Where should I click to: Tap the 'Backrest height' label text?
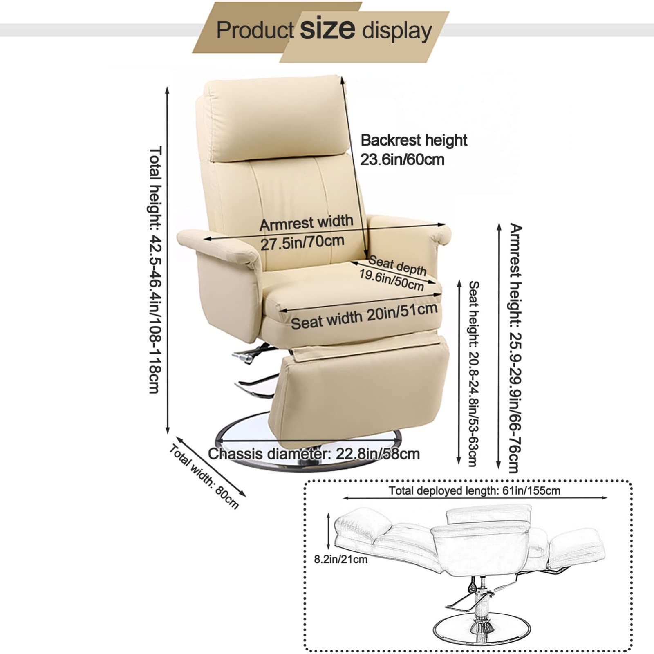(x=414, y=140)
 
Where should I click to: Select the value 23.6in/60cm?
(x=402, y=159)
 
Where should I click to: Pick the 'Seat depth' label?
(x=397, y=265)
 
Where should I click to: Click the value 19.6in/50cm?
(x=392, y=280)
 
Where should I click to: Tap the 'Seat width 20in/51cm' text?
(x=364, y=316)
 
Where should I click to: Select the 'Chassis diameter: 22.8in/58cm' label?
(x=314, y=454)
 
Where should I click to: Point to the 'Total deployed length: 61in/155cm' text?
(x=474, y=490)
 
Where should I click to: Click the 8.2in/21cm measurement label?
(x=340, y=559)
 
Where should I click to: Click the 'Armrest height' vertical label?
(x=515, y=347)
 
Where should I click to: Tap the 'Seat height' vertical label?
(x=473, y=373)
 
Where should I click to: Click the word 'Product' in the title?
(x=255, y=30)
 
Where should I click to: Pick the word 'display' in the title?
(x=397, y=31)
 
